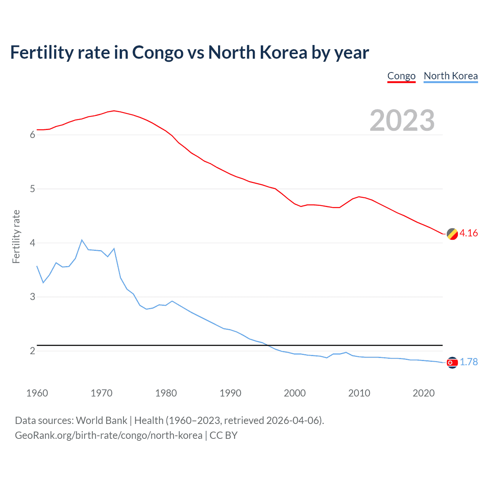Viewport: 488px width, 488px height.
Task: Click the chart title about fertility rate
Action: click(x=189, y=53)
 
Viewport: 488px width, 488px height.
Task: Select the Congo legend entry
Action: click(x=401, y=76)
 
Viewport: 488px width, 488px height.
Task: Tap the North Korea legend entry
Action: click(x=451, y=76)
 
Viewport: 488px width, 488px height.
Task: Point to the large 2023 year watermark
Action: click(x=402, y=120)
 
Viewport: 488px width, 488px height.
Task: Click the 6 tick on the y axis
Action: click(x=32, y=135)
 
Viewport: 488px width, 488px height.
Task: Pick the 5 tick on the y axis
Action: click(x=32, y=189)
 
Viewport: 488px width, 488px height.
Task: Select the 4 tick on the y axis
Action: click(x=32, y=243)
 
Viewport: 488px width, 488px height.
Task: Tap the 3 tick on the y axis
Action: click(x=32, y=297)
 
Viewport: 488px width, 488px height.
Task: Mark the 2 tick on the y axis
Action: click(x=32, y=351)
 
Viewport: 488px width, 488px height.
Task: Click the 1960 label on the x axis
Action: click(x=37, y=393)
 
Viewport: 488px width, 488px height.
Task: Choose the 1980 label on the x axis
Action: click(x=166, y=393)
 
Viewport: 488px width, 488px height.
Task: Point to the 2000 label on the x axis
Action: click(x=295, y=393)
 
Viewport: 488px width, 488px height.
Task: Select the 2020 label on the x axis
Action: click(x=424, y=393)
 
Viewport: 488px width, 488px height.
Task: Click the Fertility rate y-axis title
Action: click(x=16, y=236)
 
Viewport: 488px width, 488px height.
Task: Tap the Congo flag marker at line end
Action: click(x=452, y=234)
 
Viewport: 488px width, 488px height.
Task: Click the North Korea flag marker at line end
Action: click(x=452, y=363)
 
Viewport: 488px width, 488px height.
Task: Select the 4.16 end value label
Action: click(x=469, y=233)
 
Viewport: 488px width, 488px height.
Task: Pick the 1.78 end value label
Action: click(x=469, y=362)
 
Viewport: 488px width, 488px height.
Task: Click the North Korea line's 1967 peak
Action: click(x=82, y=240)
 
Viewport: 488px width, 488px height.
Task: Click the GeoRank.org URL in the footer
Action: click(x=109, y=435)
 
